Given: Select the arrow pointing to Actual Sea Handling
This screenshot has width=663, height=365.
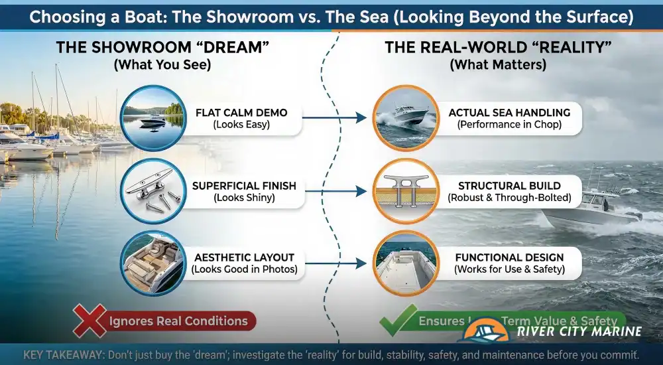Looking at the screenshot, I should coord(334,118).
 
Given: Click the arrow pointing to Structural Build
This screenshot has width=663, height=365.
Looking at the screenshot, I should coord(334,191).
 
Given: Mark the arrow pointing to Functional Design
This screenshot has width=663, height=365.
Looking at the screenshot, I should coord(334,263).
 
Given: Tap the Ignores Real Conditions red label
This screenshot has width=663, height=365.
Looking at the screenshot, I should coord(178,322).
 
